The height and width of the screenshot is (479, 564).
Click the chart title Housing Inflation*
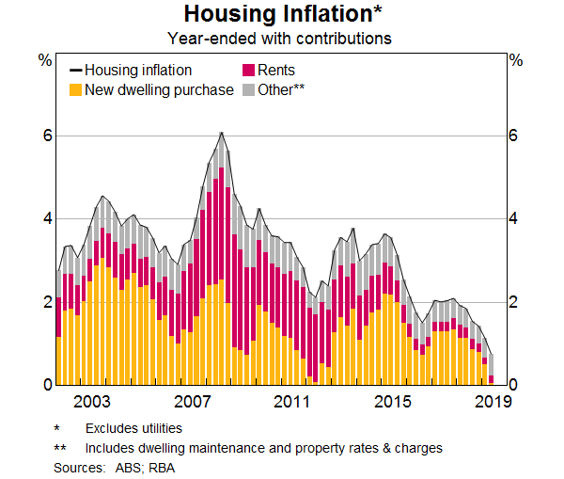tap(279, 15)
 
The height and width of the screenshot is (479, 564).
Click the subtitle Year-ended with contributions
tap(279, 39)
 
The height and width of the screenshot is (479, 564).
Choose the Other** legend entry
tap(283, 90)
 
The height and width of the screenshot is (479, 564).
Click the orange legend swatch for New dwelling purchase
tap(76, 90)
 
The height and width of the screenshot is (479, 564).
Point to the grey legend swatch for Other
tap(249, 90)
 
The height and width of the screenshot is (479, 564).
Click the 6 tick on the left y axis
tap(46, 136)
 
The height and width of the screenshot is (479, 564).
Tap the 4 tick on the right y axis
tap(513, 219)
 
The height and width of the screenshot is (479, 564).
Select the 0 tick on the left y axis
tap(46, 385)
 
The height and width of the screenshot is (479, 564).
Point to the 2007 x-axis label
tap(193, 403)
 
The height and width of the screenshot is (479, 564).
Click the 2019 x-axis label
tap(493, 403)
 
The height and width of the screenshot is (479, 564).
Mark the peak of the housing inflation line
tap(221, 133)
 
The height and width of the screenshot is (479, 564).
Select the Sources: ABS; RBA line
tap(114, 467)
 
